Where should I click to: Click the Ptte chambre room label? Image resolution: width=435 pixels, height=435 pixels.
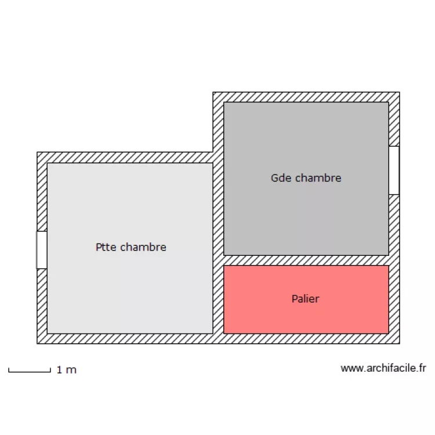pos(131,247)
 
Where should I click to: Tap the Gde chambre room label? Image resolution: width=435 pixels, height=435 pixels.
pos(306,178)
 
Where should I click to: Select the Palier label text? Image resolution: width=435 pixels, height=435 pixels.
pos(306,299)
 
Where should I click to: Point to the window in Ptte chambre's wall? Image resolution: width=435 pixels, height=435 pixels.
pos(42,249)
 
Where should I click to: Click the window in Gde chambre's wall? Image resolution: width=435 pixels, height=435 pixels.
pos(394,171)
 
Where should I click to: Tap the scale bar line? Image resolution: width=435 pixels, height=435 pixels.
pos(30,371)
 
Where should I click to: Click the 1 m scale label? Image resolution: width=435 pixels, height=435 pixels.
pos(67,370)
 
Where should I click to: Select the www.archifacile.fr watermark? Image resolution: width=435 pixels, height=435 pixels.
pos(383,368)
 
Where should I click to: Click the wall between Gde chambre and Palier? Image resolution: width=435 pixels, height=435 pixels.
pos(306,260)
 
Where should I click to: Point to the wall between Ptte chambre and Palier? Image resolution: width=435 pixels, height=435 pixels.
pos(218,300)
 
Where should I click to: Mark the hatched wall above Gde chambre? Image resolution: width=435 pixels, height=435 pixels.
pos(306,97)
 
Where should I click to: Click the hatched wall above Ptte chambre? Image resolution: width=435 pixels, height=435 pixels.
pos(125,158)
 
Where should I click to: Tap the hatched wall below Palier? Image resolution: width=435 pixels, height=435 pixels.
pos(306,339)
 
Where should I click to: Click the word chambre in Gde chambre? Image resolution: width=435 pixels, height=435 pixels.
pos(318,178)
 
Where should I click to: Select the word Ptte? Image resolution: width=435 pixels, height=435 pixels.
pos(106,247)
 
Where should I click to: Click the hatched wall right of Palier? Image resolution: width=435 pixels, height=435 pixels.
pos(394,300)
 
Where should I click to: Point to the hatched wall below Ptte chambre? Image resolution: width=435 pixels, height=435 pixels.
pos(130,339)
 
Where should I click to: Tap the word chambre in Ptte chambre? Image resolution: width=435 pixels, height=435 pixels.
pos(143,247)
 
